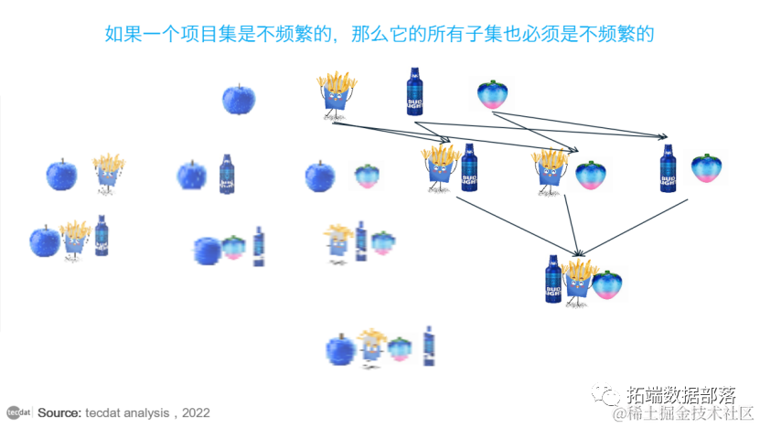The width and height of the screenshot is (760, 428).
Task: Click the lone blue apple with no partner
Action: click(239, 99)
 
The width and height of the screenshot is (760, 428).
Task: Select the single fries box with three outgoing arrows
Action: click(336, 94)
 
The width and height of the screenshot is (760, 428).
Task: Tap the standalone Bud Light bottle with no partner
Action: click(415, 91)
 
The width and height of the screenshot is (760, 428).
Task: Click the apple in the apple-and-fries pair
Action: click(62, 173)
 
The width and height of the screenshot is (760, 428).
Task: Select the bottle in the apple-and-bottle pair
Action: click(227, 173)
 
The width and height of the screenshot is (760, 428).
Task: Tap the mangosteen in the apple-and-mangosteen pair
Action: click(368, 175)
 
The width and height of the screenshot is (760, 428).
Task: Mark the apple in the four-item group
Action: click(339, 349)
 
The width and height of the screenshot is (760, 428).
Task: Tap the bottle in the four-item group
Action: click(428, 348)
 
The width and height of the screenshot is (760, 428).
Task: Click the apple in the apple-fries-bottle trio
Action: click(44, 241)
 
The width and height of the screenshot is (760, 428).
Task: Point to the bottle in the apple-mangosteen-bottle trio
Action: click(259, 246)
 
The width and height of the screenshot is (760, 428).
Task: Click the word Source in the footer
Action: click(59, 413)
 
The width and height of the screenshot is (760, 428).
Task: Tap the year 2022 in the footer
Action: click(196, 413)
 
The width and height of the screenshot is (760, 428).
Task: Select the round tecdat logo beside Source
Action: click(15, 412)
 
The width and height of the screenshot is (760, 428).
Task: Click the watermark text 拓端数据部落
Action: click(681, 396)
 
